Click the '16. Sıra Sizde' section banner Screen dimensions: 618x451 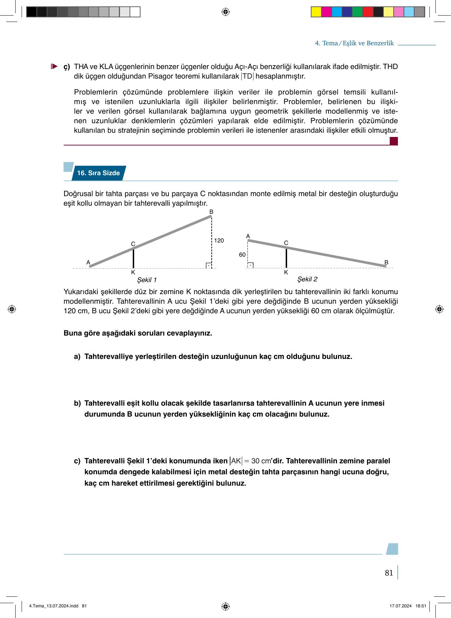[98, 173]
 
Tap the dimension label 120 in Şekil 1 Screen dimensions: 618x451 [219, 241]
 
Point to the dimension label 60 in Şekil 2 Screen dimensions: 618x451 [242, 255]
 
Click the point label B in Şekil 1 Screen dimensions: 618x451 [211, 212]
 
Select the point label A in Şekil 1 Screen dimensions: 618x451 [88, 262]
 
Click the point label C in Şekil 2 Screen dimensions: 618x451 [286, 243]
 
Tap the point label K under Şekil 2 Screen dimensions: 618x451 [286, 273]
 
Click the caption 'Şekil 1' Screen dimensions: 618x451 [147, 280]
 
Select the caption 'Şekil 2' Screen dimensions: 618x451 [307, 279]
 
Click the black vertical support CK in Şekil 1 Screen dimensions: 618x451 [133, 258]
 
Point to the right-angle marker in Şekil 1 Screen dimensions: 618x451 [209, 265]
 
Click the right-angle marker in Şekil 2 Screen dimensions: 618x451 [250, 265]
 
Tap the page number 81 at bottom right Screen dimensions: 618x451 [389, 573]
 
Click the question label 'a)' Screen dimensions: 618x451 [77, 356]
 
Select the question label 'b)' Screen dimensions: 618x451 [77, 403]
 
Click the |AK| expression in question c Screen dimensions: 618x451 [235, 461]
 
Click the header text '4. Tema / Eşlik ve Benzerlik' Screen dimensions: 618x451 [354, 43]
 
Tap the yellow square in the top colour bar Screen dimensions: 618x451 [316, 12]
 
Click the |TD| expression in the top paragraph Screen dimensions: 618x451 [247, 76]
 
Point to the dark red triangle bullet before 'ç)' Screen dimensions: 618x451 [54, 66]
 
